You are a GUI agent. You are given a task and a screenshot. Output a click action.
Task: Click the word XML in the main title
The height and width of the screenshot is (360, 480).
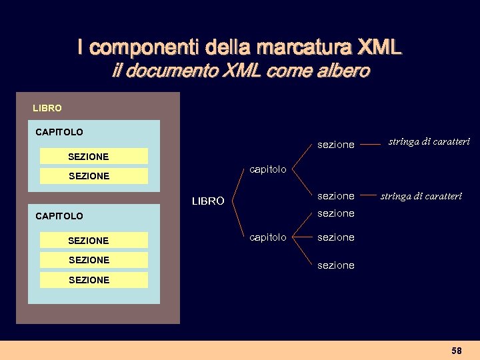pos(380,47)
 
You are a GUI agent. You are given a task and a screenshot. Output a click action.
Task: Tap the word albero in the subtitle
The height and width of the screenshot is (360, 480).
pos(343,71)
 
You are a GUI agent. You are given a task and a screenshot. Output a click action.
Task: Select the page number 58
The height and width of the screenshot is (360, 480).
pos(457,351)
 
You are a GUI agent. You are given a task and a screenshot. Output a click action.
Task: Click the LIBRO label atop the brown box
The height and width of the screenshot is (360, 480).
pos(47,108)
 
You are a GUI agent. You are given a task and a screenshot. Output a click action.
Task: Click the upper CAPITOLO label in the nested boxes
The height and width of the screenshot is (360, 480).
pos(59,132)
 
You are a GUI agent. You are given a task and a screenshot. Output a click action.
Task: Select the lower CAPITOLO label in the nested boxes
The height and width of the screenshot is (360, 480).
pos(59,216)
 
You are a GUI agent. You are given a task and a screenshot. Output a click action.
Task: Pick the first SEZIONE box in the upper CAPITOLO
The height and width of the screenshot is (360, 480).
pos(93,156)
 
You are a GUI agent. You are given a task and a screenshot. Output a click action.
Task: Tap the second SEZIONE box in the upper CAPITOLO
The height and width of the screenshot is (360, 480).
pos(93,176)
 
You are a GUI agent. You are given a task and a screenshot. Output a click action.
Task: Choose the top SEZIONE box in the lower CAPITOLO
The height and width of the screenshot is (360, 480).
pos(93,240)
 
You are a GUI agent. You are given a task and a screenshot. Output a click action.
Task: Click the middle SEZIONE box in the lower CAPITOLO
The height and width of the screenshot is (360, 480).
pos(93,260)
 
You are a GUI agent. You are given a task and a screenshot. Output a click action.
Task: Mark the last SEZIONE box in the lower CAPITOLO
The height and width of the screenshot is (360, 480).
pos(93,280)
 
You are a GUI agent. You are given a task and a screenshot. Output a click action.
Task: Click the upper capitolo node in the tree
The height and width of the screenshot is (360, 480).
pos(267,169)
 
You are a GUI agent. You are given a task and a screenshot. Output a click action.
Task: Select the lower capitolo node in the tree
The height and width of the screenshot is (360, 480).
pos(267,237)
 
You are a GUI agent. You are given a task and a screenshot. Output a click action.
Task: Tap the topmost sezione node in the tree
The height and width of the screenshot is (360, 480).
pos(336,145)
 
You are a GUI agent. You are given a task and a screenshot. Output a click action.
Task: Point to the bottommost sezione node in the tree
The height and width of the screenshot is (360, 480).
pos(336,265)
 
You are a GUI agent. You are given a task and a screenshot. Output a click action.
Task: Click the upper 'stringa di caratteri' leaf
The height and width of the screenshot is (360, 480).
pos(429,141)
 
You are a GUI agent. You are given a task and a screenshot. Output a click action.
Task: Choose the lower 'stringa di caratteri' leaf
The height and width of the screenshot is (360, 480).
pos(421,196)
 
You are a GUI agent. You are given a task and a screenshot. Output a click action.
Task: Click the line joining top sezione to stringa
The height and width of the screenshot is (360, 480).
pos(371,142)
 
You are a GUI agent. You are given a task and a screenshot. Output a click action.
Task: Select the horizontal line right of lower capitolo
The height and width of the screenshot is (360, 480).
pos(303,237)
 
